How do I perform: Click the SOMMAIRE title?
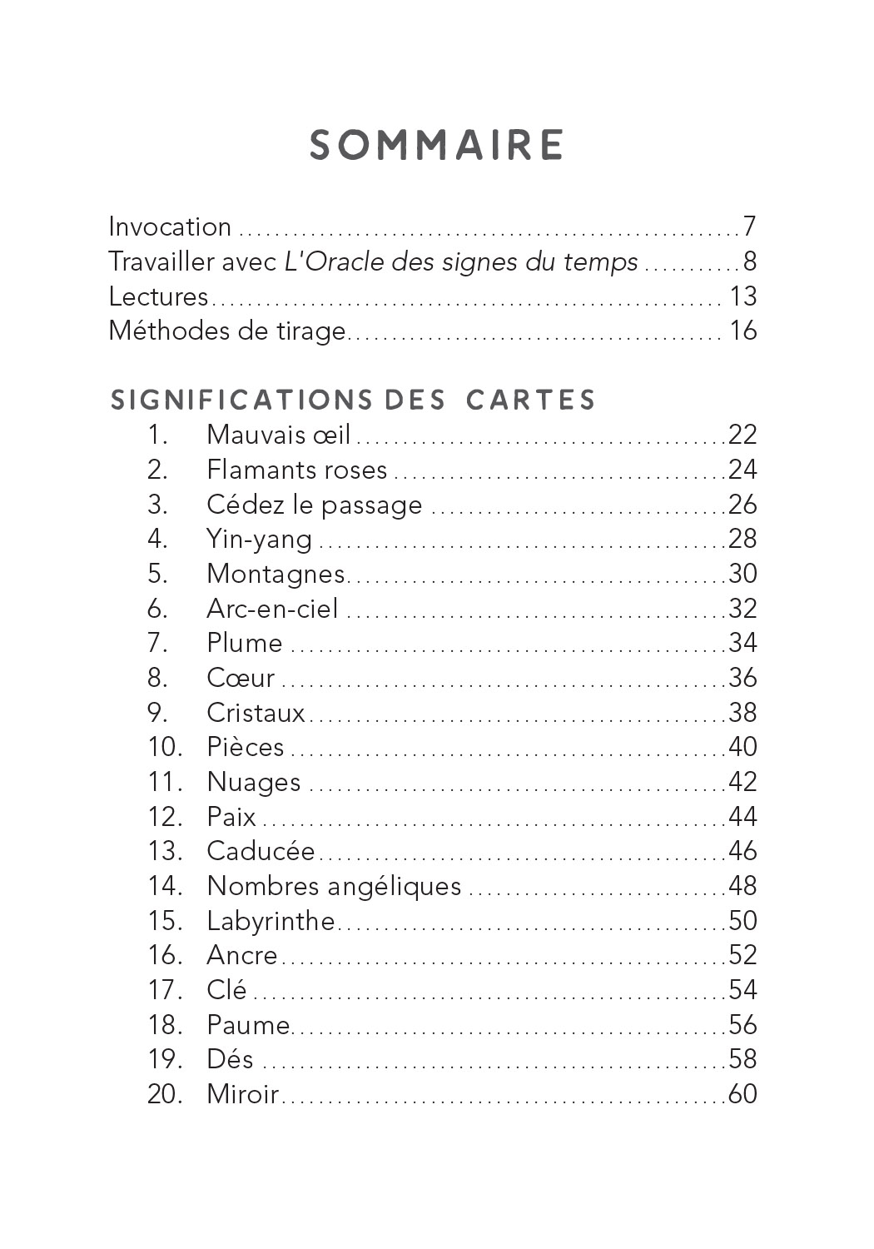[x=437, y=146]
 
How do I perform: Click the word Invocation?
[x=170, y=226]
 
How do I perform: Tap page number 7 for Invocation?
[x=749, y=226]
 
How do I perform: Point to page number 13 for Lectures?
[x=742, y=296]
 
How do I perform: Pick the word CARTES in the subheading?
[x=531, y=400]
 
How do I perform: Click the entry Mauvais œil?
[x=279, y=435]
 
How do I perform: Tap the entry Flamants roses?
[x=297, y=470]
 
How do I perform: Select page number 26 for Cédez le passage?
[x=742, y=505]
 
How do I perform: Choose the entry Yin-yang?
[x=260, y=540]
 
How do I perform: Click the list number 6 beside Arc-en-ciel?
[x=157, y=609]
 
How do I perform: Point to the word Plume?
[x=245, y=644]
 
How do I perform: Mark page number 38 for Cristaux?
[x=742, y=713]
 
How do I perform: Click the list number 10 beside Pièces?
[x=164, y=747]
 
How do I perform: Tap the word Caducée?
[x=261, y=851]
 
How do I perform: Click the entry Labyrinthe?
[x=271, y=921]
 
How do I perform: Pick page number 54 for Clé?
[x=742, y=990]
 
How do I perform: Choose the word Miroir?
[x=242, y=1094]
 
